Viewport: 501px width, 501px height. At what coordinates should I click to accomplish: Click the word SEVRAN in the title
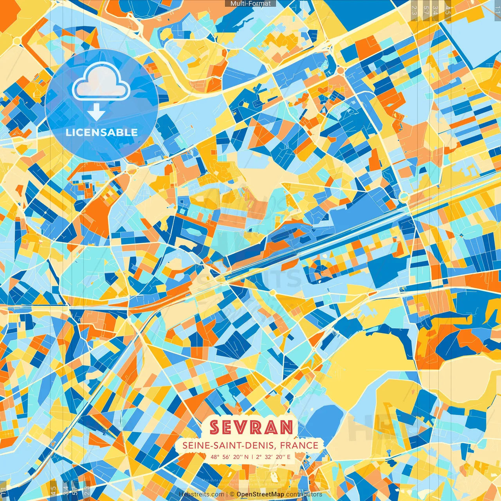coord(251,427)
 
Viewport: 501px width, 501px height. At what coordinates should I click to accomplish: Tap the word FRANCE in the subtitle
coord(299,445)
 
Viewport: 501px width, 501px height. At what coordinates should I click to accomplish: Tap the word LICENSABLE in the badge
coord(102,132)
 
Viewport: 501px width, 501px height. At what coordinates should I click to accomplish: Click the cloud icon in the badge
coord(101,81)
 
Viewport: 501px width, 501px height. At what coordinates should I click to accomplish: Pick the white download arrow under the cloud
coord(96,112)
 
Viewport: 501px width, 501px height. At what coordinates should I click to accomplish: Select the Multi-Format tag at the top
coord(250,4)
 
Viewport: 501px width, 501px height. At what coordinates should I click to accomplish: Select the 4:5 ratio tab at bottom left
coord(53,490)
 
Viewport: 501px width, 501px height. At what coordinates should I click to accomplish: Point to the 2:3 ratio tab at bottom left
coord(87,490)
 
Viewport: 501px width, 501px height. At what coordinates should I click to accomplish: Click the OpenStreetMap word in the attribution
coord(260,494)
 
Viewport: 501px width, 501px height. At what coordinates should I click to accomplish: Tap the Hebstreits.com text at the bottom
coord(202,494)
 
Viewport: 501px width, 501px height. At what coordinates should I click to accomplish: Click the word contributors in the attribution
coord(304,494)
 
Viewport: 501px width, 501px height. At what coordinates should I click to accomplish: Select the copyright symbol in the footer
coord(232,494)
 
